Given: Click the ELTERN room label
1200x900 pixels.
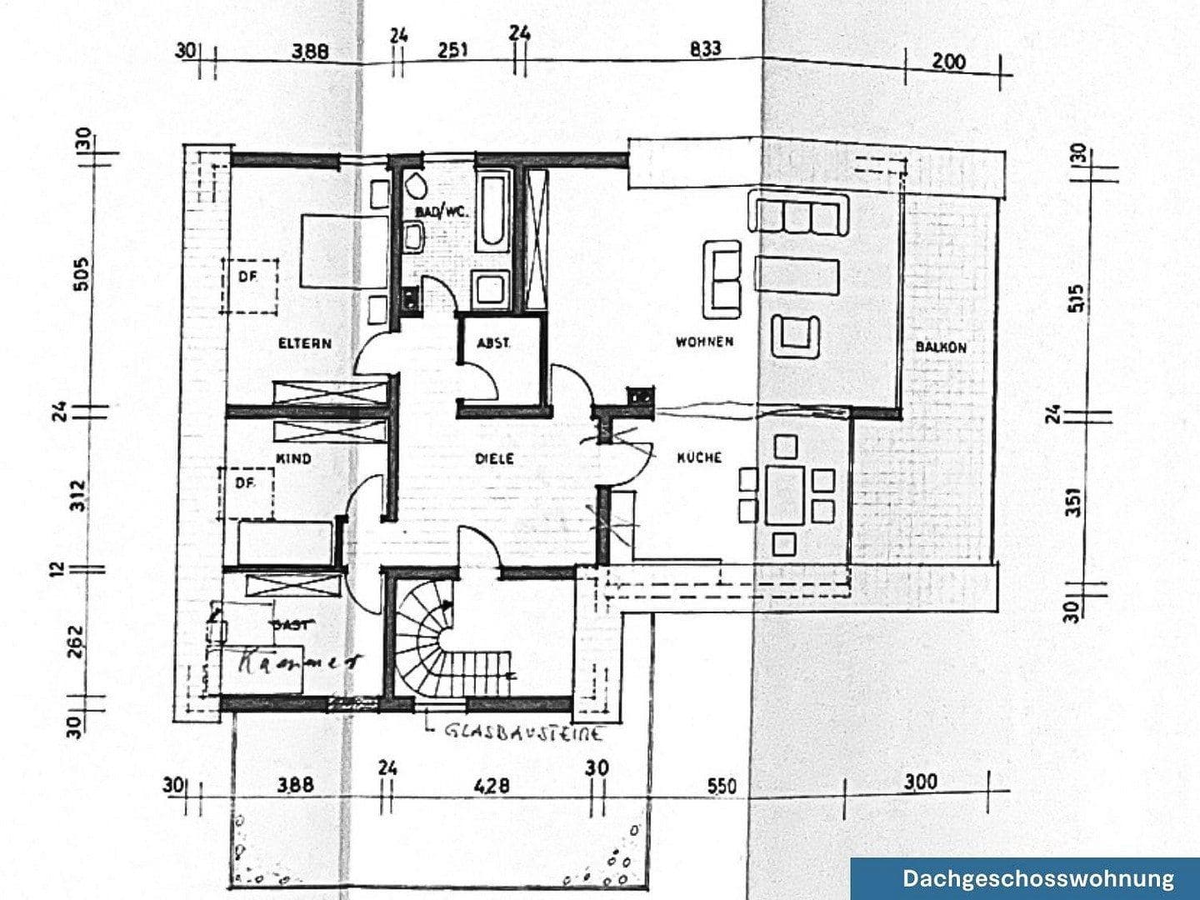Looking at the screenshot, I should pos(304,343).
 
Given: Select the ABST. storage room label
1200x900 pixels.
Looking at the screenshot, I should pos(493,343).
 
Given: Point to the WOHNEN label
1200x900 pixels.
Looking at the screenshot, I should pos(704,342).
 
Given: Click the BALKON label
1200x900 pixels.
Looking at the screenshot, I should pos(941,347).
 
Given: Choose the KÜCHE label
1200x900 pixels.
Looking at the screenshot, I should pos(698,457).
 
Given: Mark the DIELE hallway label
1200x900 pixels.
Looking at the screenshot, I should pos(494,458).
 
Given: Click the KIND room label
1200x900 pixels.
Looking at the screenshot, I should pos(292,458).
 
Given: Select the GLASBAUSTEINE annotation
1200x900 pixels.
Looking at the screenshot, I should pos(523,733).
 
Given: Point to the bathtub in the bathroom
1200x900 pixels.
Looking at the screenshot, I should pos(492,211).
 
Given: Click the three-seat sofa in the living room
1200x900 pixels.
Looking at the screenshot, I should pos(800,212).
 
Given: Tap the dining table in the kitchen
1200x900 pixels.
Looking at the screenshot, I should pos(784,494).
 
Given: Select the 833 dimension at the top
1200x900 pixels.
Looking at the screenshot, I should pos(705,49).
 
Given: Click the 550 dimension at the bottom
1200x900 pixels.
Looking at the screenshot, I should pos(722,786).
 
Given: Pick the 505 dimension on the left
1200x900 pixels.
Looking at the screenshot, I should pos(81,273).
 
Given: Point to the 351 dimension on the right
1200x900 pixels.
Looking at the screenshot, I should pos(1075,502).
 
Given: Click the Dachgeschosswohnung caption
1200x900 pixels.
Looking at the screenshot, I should pos(1037,878).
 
